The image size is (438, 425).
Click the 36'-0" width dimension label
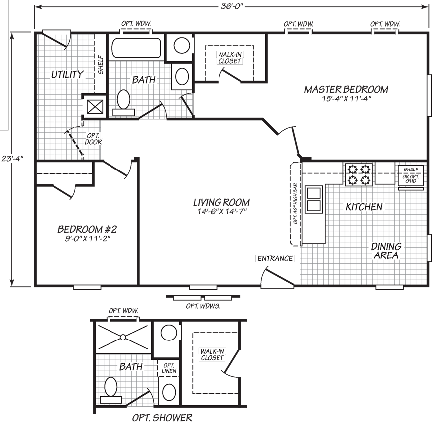(232, 6)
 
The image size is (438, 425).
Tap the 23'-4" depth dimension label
(12, 159)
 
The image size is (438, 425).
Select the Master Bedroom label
(346, 89)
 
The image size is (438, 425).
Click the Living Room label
(221, 202)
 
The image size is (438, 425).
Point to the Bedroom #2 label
(87, 229)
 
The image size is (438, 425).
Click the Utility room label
(67, 74)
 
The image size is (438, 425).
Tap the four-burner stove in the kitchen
(359, 174)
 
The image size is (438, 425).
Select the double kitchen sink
(314, 199)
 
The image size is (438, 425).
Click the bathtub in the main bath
(136, 48)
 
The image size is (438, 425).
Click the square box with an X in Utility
(95, 107)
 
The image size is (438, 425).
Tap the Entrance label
(275, 258)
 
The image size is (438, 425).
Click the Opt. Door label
(93, 139)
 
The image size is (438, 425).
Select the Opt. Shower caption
(162, 417)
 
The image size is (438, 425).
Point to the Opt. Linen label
(169, 368)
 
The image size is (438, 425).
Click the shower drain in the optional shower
(123, 337)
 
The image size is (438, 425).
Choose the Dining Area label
(386, 251)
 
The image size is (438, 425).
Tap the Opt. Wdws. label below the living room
(203, 306)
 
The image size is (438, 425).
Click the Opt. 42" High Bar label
(296, 203)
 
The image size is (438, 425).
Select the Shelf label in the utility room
(100, 65)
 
